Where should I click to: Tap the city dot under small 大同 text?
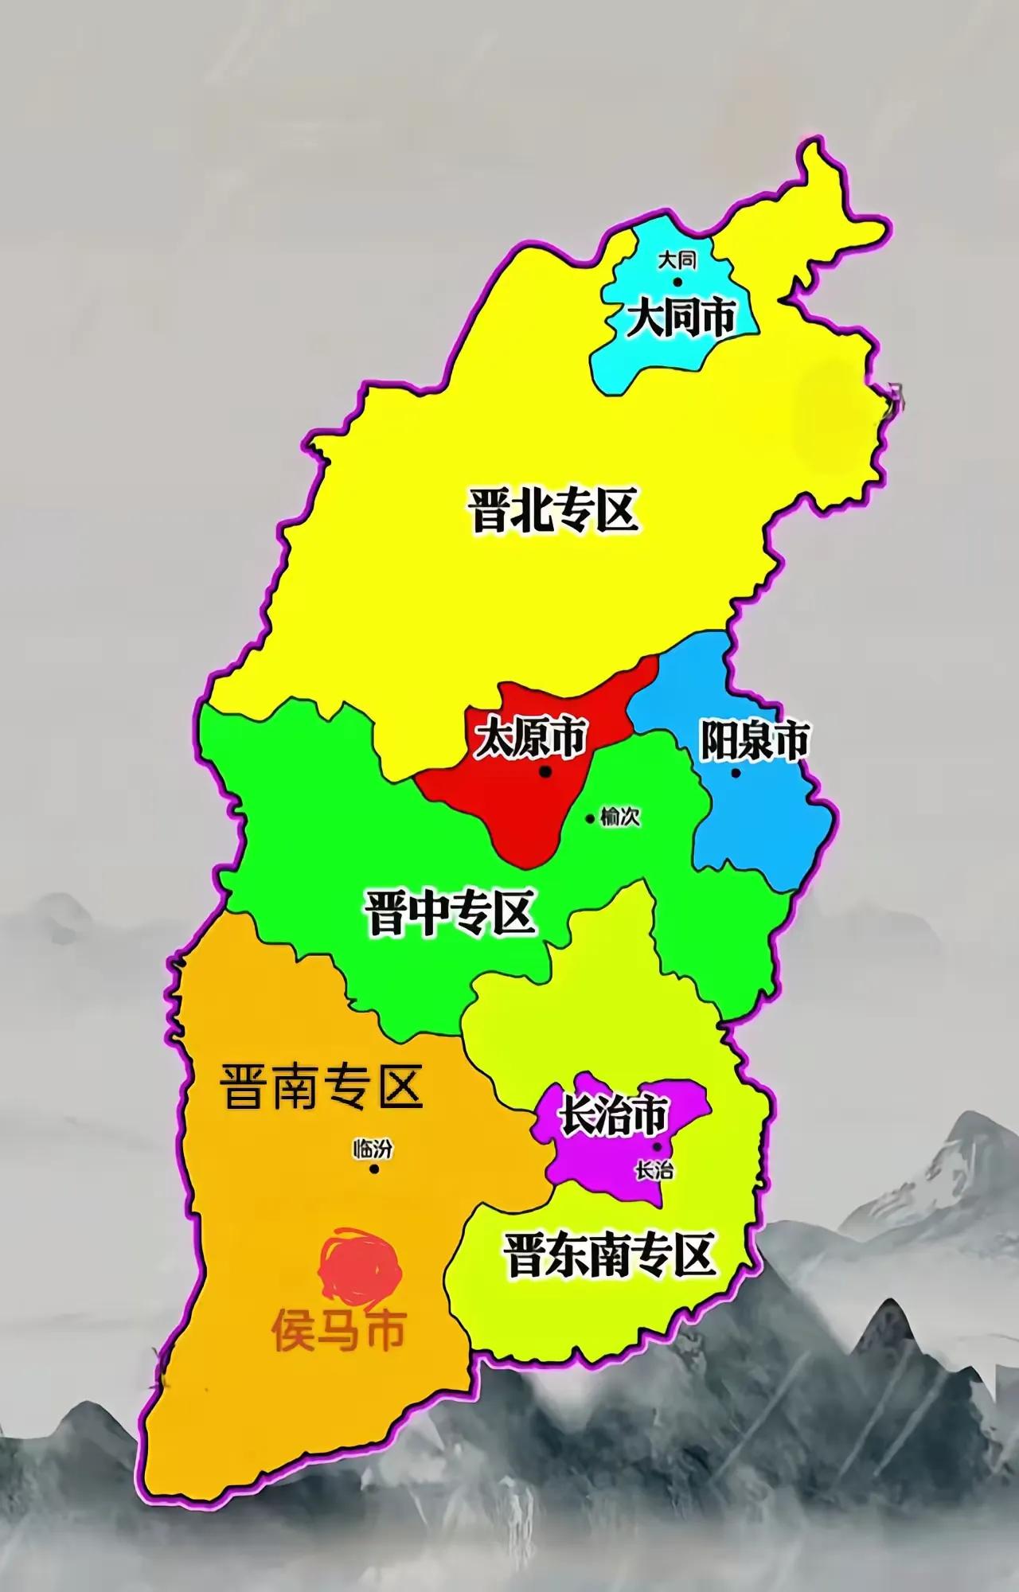click(677, 281)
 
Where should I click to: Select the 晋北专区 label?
click(555, 510)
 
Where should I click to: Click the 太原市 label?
click(530, 738)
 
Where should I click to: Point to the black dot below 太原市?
click(545, 771)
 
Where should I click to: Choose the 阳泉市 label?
click(753, 740)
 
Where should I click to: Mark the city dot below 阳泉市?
click(735, 772)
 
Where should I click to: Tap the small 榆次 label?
click(621, 817)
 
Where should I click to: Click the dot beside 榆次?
click(590, 818)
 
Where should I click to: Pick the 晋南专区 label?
click(322, 1087)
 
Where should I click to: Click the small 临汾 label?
click(373, 1149)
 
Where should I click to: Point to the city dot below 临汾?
click(373, 1169)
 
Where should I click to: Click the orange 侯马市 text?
click(339, 1329)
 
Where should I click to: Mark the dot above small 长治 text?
click(657, 1147)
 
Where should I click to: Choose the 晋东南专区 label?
click(608, 1254)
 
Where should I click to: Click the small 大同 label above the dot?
click(677, 260)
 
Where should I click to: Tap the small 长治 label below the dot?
click(654, 1170)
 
